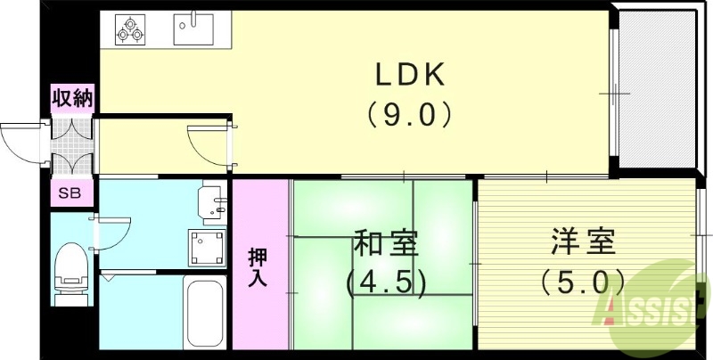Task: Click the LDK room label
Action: [x=409, y=76]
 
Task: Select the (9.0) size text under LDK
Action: [x=409, y=115]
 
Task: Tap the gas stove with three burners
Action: [x=130, y=30]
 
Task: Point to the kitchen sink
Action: [x=194, y=29]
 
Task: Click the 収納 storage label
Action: [x=71, y=98]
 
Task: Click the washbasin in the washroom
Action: [x=210, y=201]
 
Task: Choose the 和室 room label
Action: [x=386, y=243]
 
